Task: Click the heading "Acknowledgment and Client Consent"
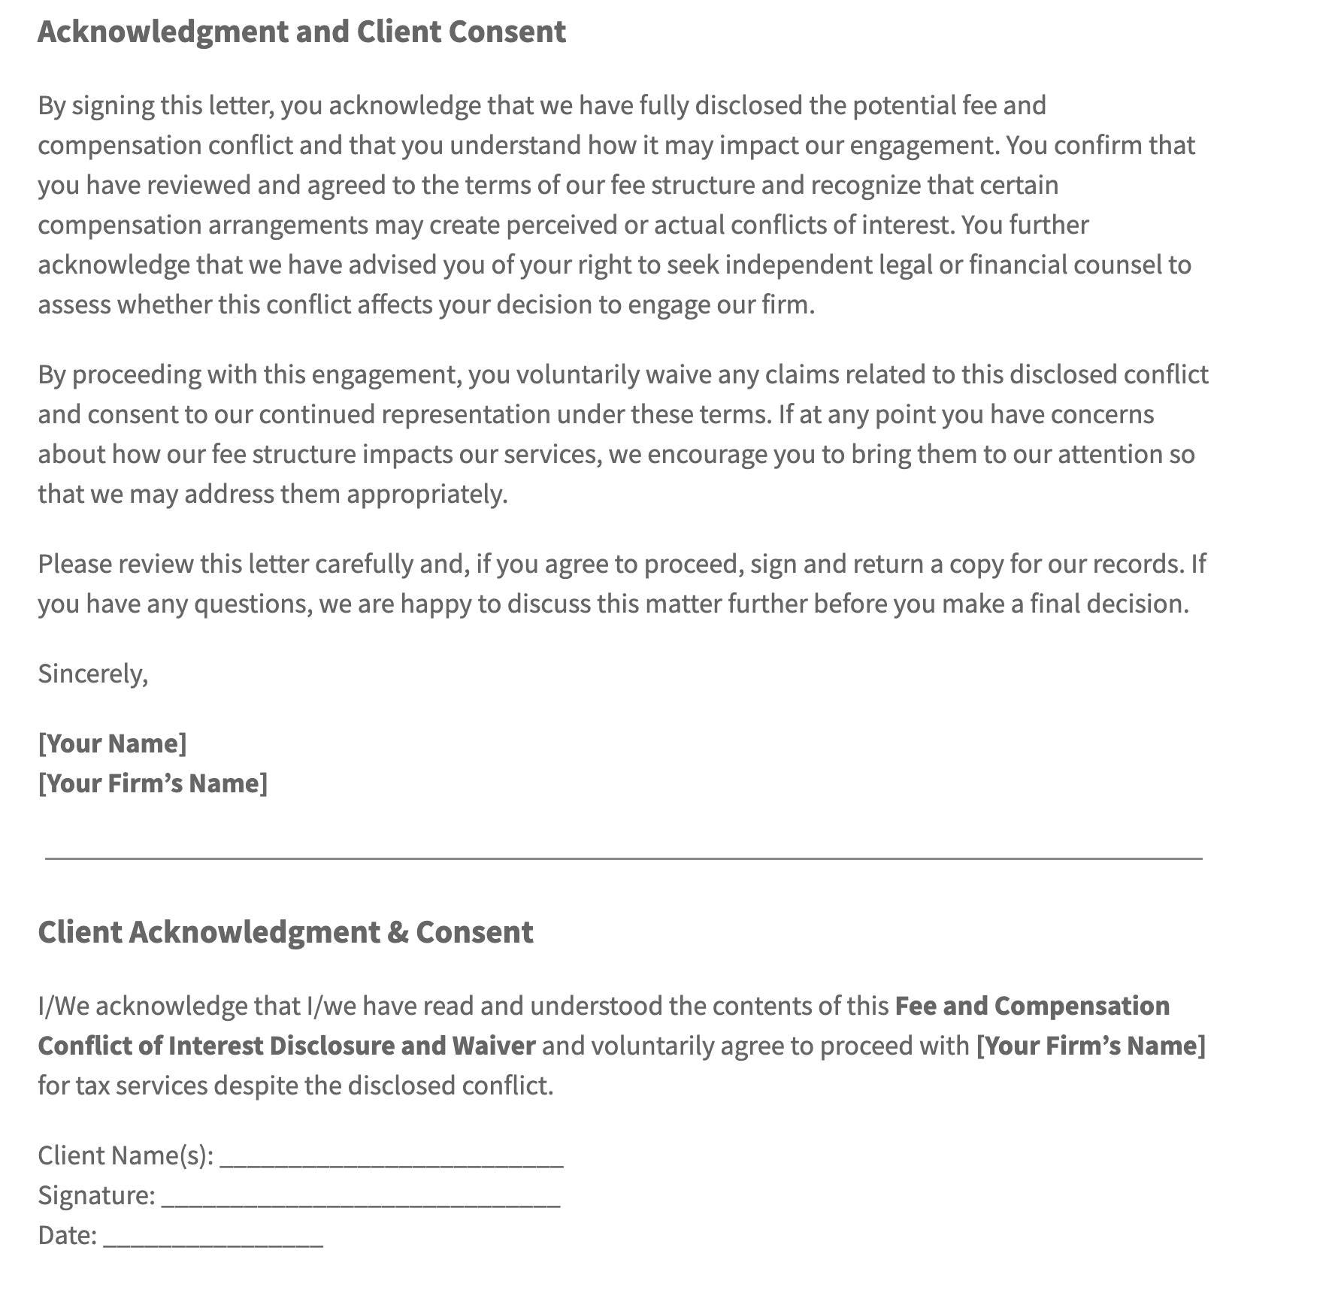301,32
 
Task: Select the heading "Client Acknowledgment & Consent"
286,932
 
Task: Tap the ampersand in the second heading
398,932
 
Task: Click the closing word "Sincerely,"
93,674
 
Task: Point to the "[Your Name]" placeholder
112,743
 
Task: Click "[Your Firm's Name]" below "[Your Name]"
153,783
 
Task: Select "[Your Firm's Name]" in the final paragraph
1090,1046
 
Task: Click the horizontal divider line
624,858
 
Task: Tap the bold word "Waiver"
493,1046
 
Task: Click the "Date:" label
68,1235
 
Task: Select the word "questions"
253,604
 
